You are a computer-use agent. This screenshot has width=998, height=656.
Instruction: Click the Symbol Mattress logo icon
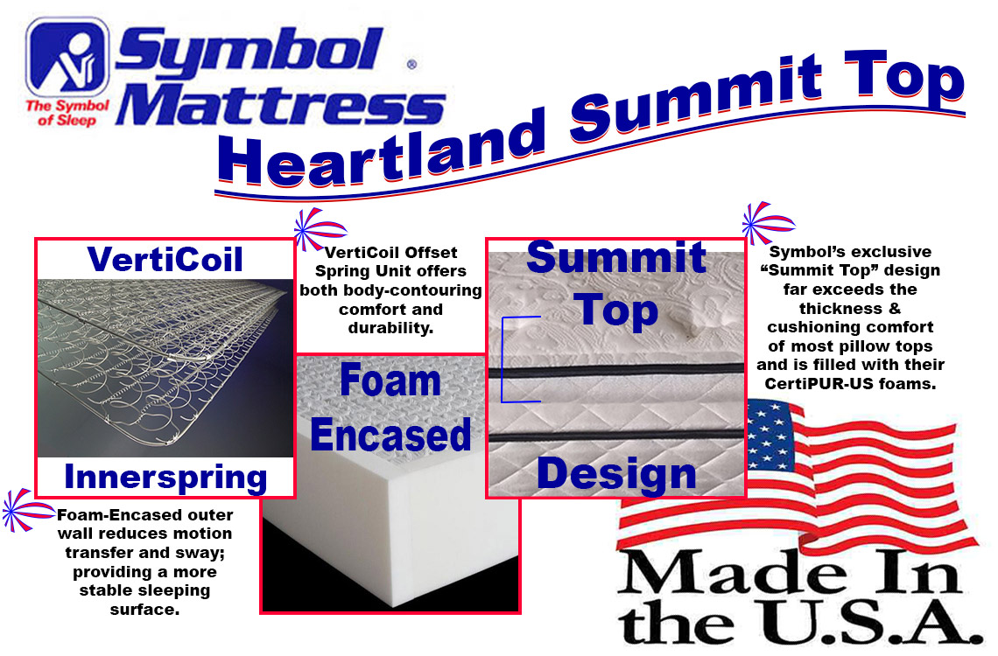click(67, 57)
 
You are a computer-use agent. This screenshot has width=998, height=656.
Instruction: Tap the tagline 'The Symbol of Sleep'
click(67, 113)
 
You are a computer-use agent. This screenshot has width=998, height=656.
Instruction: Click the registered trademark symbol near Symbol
click(411, 64)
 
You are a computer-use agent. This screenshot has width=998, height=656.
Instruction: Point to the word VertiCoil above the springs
click(165, 260)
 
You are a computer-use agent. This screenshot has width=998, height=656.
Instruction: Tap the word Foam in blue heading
click(390, 380)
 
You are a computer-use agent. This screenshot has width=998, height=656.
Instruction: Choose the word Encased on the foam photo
click(390, 435)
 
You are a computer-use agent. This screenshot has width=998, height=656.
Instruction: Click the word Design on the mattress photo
click(616, 474)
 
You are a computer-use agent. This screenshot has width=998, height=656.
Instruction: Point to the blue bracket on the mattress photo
click(503, 359)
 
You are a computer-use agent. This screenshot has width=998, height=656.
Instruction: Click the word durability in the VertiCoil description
click(390, 328)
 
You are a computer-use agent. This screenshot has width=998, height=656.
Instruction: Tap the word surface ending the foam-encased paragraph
click(144, 611)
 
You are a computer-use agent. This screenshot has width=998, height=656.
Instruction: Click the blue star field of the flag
click(771, 435)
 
